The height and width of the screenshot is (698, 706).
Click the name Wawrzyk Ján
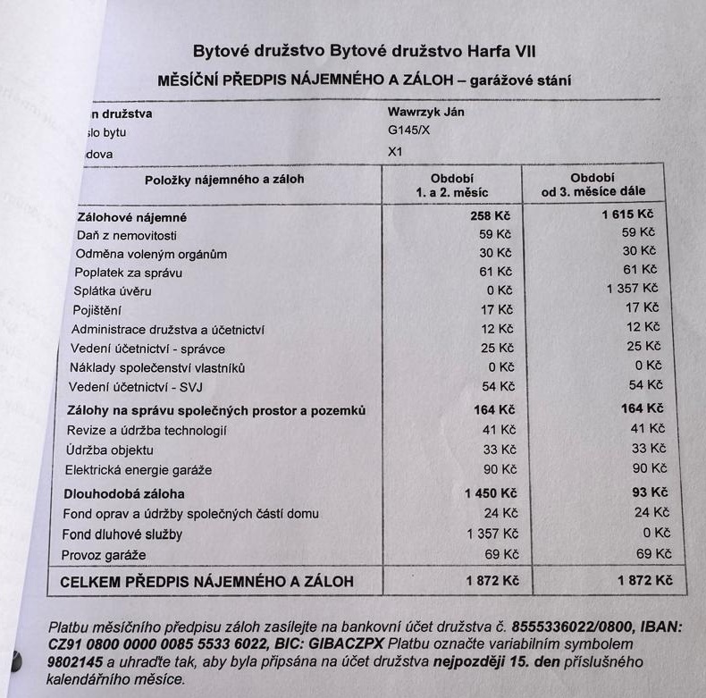(424, 113)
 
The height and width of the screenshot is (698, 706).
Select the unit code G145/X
(408, 131)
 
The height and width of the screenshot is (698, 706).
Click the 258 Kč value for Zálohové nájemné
(490, 215)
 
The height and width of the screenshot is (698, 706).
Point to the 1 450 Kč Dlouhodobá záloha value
(491, 492)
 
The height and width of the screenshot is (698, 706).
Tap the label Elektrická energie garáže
(139, 470)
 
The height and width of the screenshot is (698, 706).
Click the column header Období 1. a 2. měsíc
(451, 184)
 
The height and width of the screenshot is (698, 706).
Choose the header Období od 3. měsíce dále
(593, 184)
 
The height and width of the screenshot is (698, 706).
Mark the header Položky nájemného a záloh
(224, 180)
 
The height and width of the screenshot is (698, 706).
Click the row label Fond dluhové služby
(122, 534)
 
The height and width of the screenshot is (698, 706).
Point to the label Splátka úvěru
(113, 290)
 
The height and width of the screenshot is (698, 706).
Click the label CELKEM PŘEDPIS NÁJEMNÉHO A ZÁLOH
(206, 582)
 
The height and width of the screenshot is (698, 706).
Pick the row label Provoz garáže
(104, 556)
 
